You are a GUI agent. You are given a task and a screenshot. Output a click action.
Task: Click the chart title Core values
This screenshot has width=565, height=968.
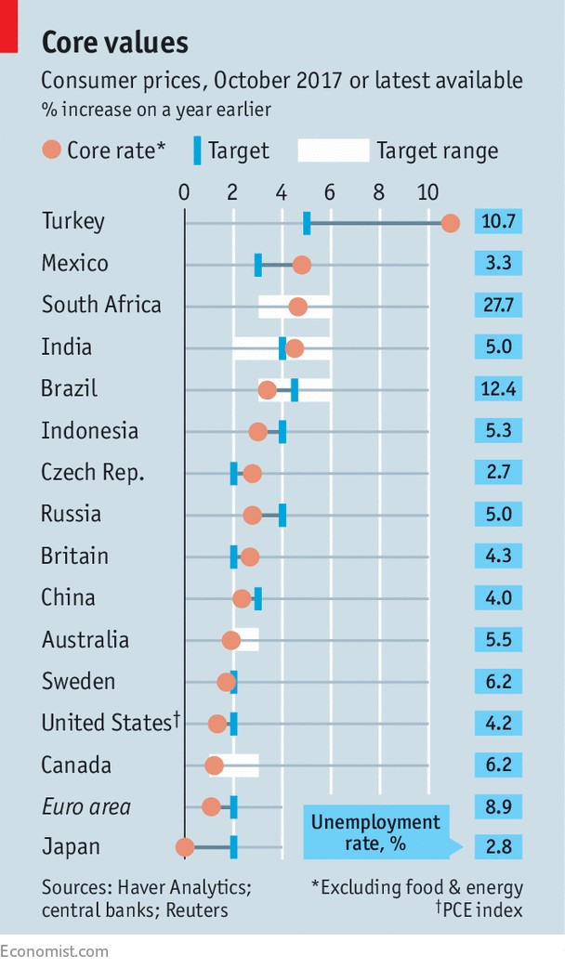click(115, 42)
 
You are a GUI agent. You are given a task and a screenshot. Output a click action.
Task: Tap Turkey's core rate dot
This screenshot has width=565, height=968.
click(451, 223)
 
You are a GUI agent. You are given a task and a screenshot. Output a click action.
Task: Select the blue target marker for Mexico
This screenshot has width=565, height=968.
click(258, 265)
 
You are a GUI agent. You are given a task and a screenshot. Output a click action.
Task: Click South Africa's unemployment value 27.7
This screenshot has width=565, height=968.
click(498, 305)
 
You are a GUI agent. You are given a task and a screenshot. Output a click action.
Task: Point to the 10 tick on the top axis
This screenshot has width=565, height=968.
click(427, 193)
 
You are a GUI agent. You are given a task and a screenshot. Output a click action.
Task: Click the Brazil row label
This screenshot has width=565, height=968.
click(69, 388)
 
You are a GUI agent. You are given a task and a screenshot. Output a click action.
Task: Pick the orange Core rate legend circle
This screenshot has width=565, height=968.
click(52, 150)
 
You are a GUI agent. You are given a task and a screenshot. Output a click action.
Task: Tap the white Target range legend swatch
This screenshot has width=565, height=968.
click(333, 150)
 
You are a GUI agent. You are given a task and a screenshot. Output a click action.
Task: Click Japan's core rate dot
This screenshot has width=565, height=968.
click(185, 847)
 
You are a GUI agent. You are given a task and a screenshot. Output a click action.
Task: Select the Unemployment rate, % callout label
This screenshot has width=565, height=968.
click(375, 831)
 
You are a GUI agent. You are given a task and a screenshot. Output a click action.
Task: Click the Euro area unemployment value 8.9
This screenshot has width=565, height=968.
click(498, 806)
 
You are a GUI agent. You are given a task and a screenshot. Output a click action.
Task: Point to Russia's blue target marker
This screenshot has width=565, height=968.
click(282, 516)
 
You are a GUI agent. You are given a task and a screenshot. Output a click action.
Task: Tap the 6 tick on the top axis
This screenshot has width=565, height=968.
click(330, 193)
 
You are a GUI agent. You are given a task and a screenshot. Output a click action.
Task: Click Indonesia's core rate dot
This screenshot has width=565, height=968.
click(258, 432)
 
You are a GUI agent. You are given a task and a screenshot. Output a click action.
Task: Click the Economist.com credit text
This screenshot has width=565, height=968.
click(54, 950)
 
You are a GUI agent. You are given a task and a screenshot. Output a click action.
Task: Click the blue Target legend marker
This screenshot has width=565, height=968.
click(197, 150)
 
